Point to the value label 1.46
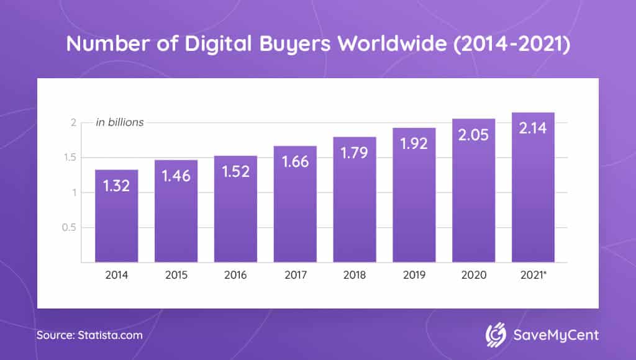pos(176,176)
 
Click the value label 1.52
pos(235,172)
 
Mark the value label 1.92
pos(414,143)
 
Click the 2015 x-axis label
pos(176,273)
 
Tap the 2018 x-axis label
pos(355,273)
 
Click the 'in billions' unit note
pos(119,122)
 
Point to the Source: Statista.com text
pos(89,335)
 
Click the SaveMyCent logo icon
pos(496,335)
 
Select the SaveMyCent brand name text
pos(556,335)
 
